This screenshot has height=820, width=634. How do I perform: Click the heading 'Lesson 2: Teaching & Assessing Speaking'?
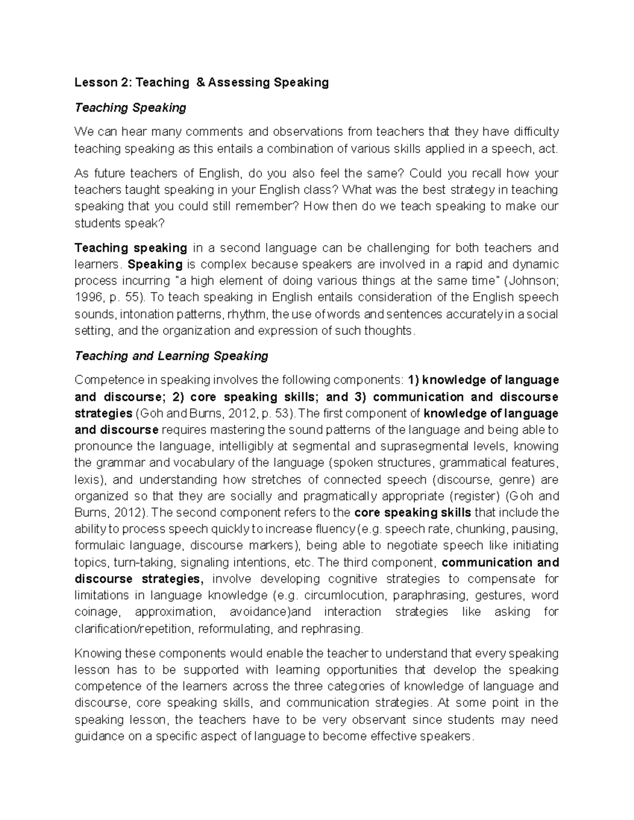click(x=201, y=82)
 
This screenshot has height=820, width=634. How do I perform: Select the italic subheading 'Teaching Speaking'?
click(x=130, y=108)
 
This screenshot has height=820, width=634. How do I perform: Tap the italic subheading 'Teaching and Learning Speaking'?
click(x=171, y=356)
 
